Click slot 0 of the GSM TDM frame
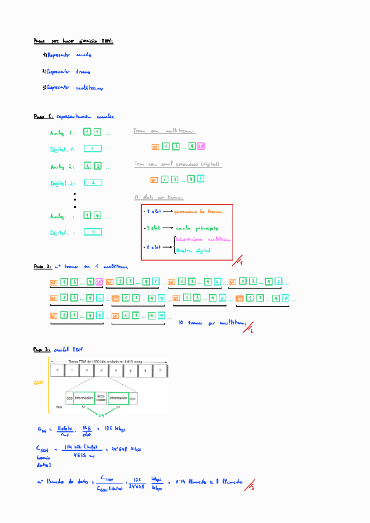pyautogui.click(x=57, y=371)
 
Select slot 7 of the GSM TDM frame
pyautogui.click(x=160, y=371)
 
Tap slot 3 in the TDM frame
pyautogui.click(x=101, y=371)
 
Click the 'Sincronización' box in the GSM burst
pyautogui.click(x=101, y=398)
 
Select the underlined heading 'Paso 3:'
pyautogui.click(x=42, y=349)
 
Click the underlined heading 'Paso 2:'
pyautogui.click(x=42, y=267)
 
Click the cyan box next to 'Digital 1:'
pyautogui.click(x=92, y=149)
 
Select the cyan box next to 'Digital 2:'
pyautogui.click(x=92, y=183)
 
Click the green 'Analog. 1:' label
pyautogui.click(x=62, y=133)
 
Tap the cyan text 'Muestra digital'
pyautogui.click(x=194, y=251)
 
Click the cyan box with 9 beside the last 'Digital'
pyautogui.click(x=92, y=233)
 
